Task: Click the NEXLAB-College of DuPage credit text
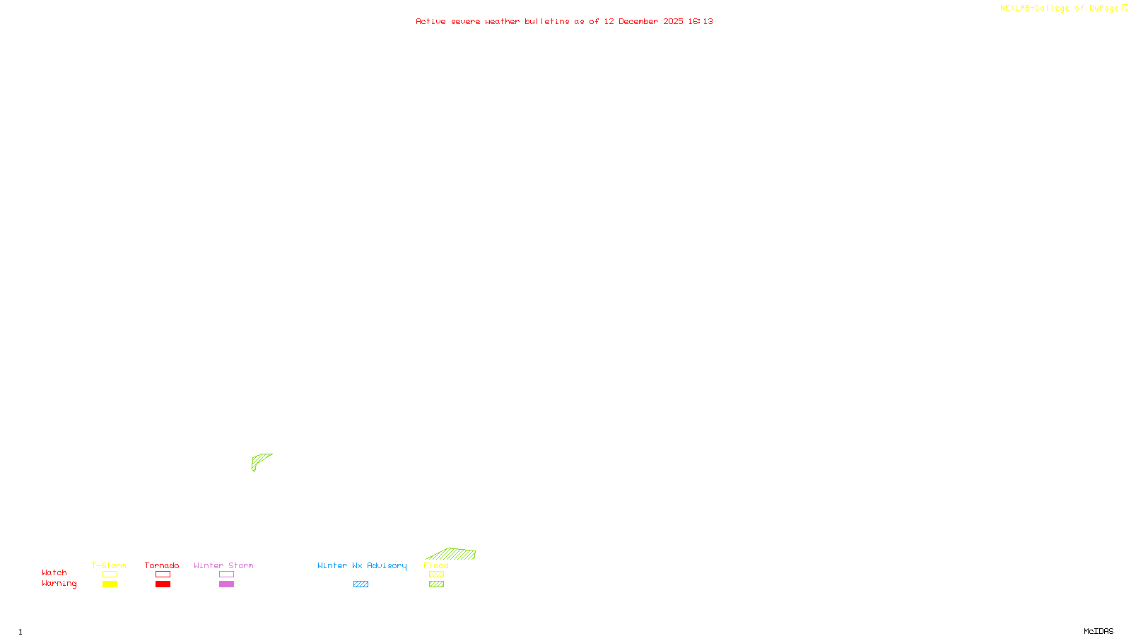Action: tap(1059, 8)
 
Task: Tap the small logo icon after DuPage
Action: tap(1125, 8)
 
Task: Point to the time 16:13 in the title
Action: tap(701, 21)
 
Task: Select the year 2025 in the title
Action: tap(673, 21)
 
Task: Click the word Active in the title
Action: tap(430, 21)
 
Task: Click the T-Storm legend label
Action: tap(109, 565)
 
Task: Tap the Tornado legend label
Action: tap(162, 565)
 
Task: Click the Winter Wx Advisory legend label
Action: tap(362, 565)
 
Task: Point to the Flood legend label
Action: tap(436, 565)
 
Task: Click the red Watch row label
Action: tap(54, 573)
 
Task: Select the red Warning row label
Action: tap(59, 584)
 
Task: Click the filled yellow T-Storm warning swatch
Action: tap(110, 584)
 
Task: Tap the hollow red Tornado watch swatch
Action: tap(163, 575)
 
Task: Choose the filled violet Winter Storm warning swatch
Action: tap(226, 584)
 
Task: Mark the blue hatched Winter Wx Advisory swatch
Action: tap(361, 584)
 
